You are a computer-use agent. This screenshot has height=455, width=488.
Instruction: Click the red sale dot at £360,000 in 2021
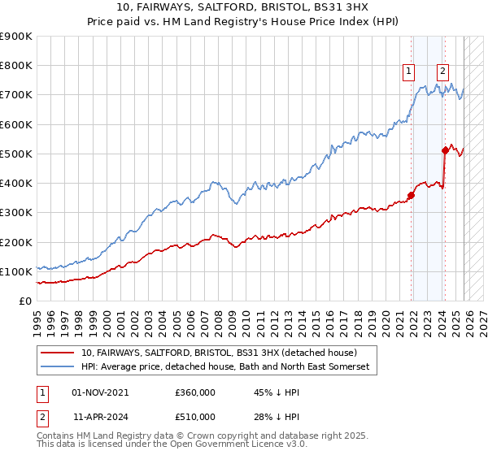(x=412, y=194)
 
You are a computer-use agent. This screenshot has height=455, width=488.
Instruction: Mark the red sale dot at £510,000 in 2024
(x=445, y=149)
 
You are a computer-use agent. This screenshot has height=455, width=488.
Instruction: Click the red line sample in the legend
(x=58, y=353)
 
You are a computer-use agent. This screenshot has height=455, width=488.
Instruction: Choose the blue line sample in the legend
(x=58, y=367)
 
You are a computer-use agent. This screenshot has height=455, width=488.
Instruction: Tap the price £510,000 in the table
(x=194, y=416)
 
